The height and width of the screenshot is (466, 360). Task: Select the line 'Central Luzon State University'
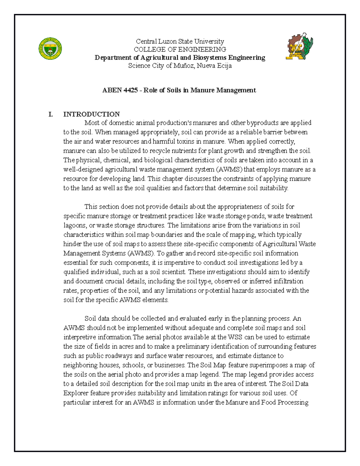(x=180, y=41)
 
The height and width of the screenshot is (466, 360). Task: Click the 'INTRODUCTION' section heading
(x=91, y=114)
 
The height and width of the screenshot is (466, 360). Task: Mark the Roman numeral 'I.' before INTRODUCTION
(x=50, y=114)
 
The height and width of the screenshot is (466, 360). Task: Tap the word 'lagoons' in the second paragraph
(x=74, y=225)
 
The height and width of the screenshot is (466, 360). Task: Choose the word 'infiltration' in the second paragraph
(x=288, y=281)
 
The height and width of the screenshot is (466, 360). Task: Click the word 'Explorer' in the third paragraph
(x=76, y=393)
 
